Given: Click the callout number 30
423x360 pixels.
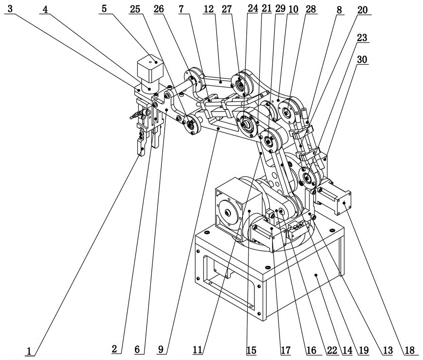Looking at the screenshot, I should pos(362,60).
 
